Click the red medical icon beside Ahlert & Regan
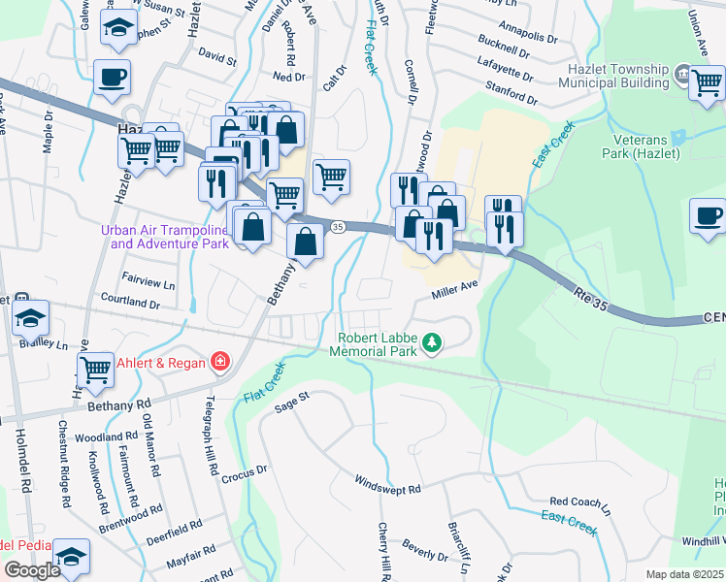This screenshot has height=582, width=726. click(220, 363)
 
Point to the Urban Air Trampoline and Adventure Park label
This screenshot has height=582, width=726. click(165, 237)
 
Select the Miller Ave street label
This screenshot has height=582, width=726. click(455, 288)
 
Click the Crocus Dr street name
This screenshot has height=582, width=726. click(244, 469)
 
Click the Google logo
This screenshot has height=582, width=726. click(32, 569)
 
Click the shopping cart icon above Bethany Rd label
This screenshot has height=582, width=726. click(95, 371)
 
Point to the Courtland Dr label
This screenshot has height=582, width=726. click(128, 303)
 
